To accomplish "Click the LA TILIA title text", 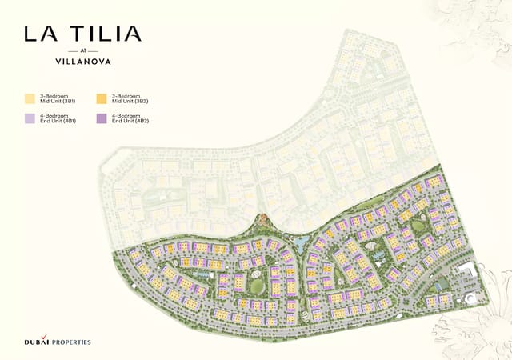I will [x=82, y=34].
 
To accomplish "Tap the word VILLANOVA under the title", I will [x=82, y=59].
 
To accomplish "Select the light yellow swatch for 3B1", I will [x=30, y=99].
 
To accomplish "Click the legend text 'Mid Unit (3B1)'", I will [x=55, y=102].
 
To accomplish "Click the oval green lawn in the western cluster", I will [x=257, y=286].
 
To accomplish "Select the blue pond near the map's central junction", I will [x=301, y=239].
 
